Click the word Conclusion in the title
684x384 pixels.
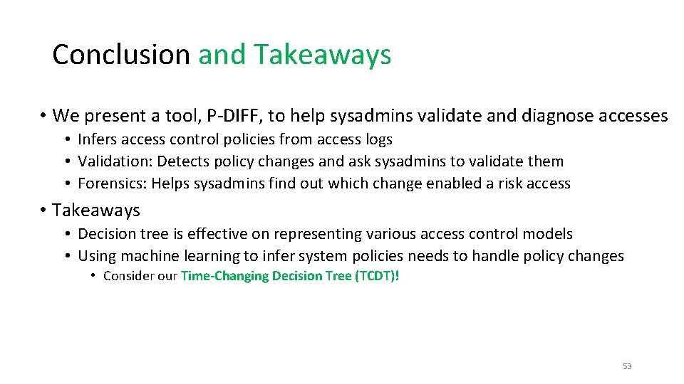point(120,55)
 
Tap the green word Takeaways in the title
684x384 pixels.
point(323,55)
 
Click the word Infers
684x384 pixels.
point(97,139)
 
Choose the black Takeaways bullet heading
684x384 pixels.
point(95,210)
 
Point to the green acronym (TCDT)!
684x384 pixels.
point(377,276)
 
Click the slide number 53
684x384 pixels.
point(627,366)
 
